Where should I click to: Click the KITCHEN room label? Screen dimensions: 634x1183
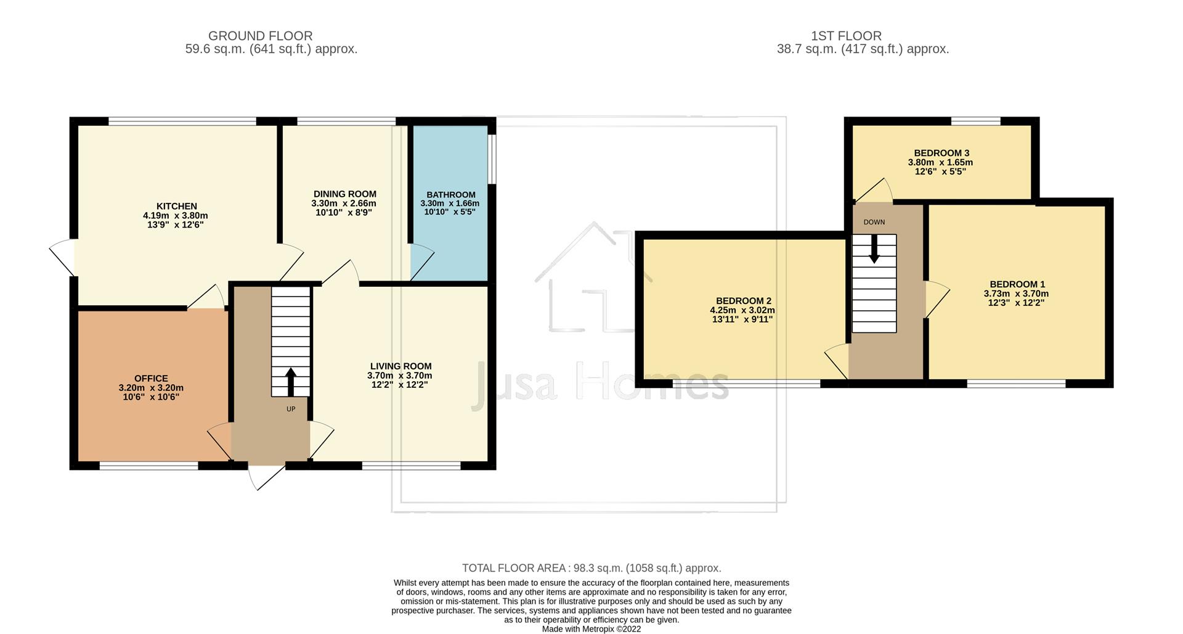(x=176, y=206)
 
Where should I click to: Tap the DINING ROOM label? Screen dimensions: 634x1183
(x=344, y=194)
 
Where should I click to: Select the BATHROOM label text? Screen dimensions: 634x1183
(x=450, y=194)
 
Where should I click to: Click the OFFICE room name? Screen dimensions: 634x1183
(x=151, y=378)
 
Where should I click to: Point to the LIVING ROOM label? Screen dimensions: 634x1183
(x=400, y=366)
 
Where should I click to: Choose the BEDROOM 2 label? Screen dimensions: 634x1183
(x=743, y=301)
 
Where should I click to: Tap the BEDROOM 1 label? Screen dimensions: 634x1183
(x=1017, y=284)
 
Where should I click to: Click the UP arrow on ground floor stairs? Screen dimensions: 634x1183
(x=290, y=381)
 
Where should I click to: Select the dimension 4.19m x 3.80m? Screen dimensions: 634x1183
(x=175, y=216)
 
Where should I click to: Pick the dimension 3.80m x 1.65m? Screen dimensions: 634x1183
(x=940, y=163)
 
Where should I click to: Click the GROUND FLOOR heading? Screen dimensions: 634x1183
(x=260, y=36)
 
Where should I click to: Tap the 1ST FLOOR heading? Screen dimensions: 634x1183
(x=845, y=36)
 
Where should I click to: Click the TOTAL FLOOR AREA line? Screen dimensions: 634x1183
(x=591, y=568)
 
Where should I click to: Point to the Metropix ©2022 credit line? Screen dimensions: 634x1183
(x=591, y=629)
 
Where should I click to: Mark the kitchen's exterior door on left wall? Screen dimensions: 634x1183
(x=62, y=257)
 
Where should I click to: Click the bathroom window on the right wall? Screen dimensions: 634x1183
(x=492, y=158)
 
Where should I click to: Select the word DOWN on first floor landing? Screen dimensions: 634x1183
(x=874, y=222)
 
